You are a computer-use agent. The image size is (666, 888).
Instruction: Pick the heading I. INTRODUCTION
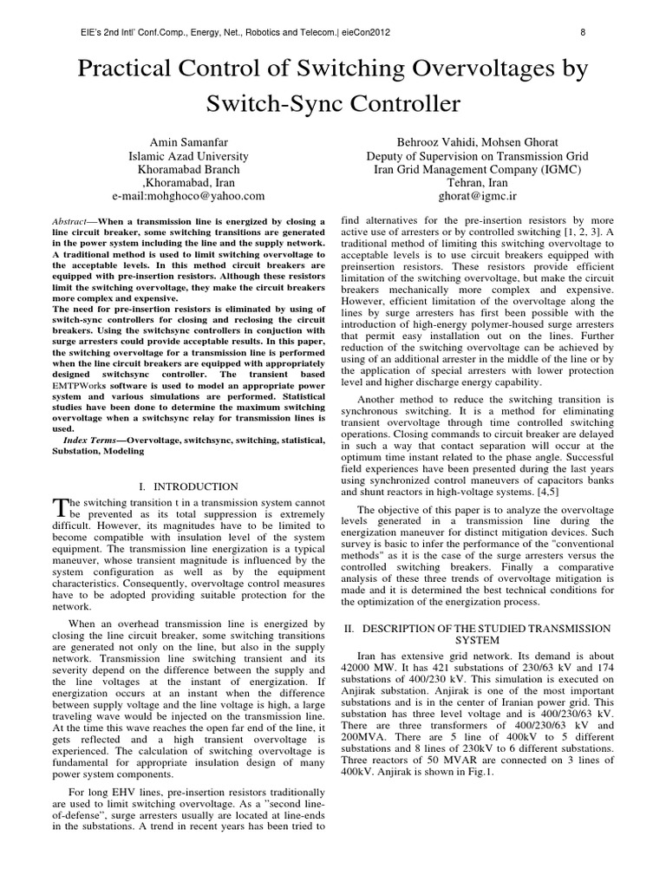pos(188,486)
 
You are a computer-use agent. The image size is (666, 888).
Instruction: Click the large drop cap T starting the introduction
pos(61,508)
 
